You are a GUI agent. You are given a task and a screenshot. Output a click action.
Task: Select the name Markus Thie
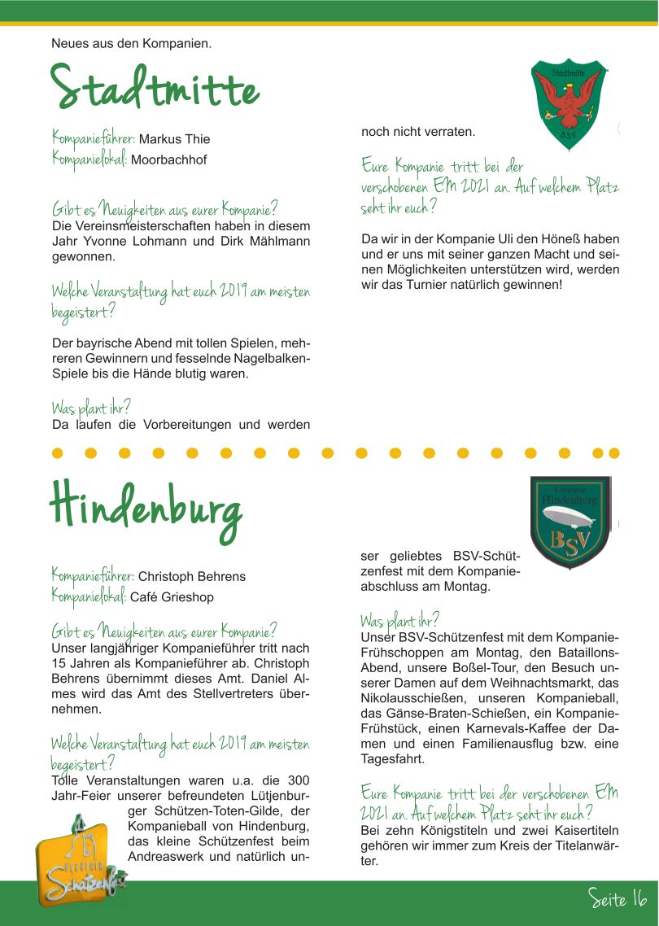coord(174,139)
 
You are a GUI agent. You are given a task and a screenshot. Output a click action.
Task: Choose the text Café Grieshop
coord(172,597)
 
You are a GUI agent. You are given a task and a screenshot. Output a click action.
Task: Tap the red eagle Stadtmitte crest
coord(567,103)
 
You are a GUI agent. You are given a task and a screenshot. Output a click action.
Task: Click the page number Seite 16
coord(618,898)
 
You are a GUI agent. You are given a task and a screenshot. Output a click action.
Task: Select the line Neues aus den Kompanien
coord(131,42)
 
